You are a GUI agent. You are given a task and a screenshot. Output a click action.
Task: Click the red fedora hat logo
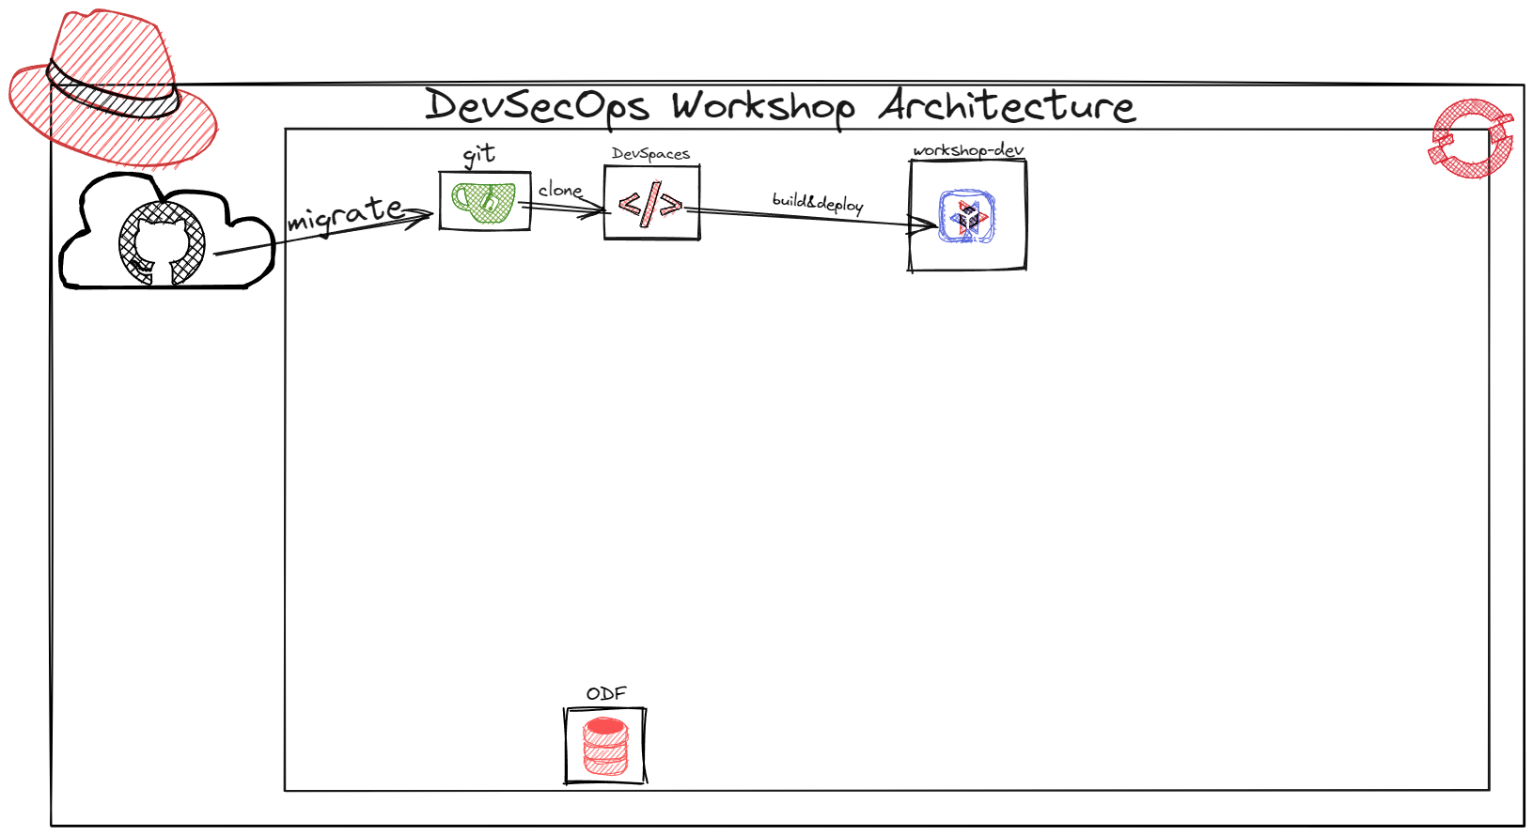click(113, 89)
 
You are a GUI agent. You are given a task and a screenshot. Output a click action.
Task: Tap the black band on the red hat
click(113, 94)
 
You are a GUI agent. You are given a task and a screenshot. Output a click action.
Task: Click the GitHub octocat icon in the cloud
click(162, 243)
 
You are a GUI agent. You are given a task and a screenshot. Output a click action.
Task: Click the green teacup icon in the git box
click(484, 201)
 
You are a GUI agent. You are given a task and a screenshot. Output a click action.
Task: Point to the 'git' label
click(479, 155)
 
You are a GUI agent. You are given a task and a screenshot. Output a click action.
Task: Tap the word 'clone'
click(560, 190)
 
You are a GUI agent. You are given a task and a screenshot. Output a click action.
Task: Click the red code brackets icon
click(650, 204)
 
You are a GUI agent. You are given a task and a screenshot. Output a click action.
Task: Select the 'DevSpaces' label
click(650, 153)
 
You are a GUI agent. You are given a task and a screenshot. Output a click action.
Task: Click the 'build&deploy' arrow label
click(818, 202)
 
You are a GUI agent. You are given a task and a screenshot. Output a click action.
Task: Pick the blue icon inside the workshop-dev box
click(967, 216)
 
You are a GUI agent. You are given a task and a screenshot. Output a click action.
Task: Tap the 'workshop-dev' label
click(968, 150)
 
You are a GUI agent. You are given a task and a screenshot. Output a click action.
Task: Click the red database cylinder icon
click(605, 746)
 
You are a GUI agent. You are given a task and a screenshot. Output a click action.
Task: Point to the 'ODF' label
click(606, 693)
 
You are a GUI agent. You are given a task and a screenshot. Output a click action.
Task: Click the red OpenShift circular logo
click(1471, 139)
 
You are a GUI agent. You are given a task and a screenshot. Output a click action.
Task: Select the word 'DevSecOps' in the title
click(537, 106)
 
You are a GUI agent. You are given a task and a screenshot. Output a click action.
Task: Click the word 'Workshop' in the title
click(763, 106)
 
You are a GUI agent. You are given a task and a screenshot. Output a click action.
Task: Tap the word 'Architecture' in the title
click(1007, 105)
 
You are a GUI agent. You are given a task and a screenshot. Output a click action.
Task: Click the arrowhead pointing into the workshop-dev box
click(929, 224)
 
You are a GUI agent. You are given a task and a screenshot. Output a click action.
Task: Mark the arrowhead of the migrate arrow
click(425, 216)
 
